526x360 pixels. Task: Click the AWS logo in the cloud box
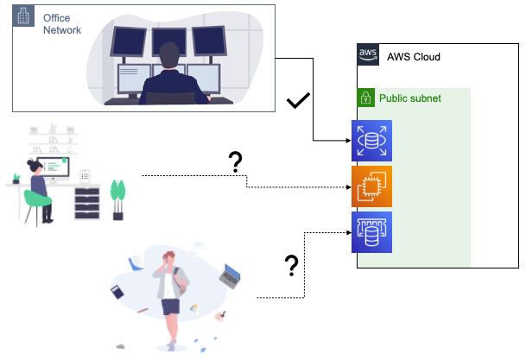(x=368, y=56)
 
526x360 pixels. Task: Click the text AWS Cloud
(x=414, y=57)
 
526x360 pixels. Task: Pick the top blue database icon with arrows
(x=371, y=141)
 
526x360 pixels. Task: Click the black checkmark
(x=298, y=102)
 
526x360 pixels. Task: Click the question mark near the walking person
(x=292, y=267)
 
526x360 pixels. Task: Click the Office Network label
(x=62, y=24)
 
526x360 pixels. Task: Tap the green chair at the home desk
(x=36, y=200)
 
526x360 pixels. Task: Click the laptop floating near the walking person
(x=230, y=278)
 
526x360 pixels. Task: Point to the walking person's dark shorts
(x=170, y=305)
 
